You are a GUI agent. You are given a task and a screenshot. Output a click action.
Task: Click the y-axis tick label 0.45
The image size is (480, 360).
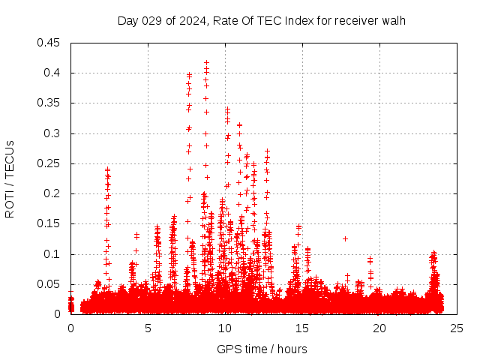tap(49, 43)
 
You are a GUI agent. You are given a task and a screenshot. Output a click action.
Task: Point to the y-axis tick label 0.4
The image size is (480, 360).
tap(52, 73)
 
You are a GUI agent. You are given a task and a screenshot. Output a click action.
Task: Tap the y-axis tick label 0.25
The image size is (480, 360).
tap(49, 163)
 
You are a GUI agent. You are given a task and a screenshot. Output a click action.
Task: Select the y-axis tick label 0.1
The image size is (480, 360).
tap(52, 254)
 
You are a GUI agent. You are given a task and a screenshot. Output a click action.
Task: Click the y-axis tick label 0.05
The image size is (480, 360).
tap(49, 284)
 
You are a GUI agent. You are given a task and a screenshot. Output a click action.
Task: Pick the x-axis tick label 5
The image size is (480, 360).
tap(148, 328)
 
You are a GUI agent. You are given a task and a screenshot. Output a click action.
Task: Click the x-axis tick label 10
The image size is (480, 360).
tap(225, 328)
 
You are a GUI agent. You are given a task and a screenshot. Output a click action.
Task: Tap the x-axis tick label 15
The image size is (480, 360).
tap(302, 328)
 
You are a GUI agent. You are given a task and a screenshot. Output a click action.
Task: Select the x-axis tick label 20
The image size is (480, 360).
tap(379, 328)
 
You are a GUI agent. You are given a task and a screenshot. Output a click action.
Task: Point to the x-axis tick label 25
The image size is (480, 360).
tap(457, 328)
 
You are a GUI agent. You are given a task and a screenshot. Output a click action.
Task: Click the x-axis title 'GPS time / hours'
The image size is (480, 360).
tap(262, 349)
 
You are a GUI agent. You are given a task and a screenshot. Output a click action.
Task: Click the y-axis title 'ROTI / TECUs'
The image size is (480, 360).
tap(10, 178)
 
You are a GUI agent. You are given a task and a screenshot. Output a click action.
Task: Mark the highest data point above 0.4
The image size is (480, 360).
tap(207, 63)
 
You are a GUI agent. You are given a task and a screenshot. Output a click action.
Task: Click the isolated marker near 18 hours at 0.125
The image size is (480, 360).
tap(346, 238)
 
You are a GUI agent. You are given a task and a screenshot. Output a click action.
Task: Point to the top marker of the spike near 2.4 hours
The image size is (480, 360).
tap(107, 169)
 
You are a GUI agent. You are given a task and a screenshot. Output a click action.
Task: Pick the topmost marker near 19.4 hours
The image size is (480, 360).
tap(370, 258)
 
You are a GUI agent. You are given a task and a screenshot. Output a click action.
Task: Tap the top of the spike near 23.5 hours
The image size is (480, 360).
tap(433, 253)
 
